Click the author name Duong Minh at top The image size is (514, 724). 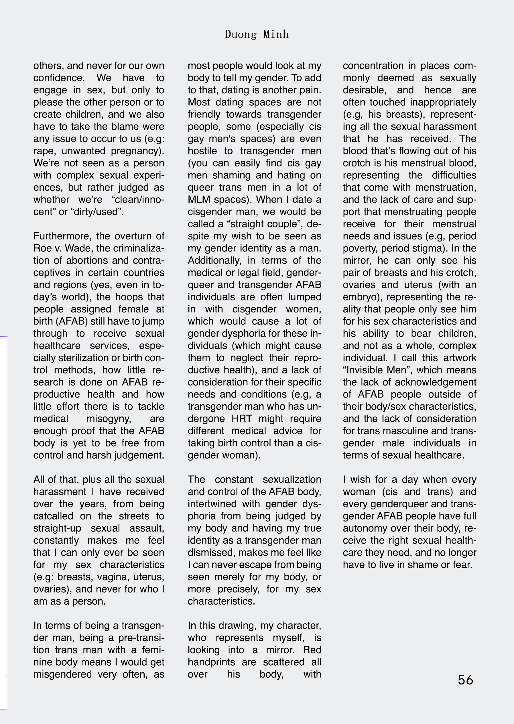coord(256,34)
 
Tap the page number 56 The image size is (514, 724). coord(465,680)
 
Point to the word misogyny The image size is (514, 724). coord(109,418)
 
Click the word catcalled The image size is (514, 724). coord(53,516)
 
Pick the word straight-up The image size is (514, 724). coord(57,528)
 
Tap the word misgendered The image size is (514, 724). coord(62,674)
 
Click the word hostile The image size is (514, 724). coord(202,151)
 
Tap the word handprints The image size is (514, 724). coord(211,662)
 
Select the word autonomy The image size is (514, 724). coord(365,528)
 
